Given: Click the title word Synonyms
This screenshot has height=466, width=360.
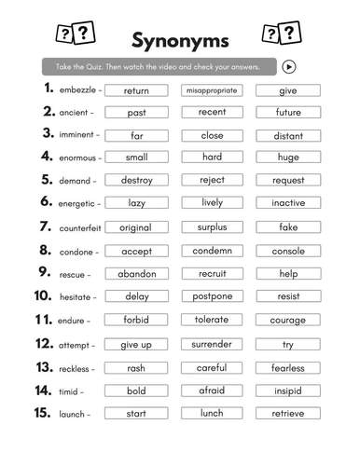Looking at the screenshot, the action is pos(179,40).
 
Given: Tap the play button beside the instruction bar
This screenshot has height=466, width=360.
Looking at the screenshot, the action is pos(289,66).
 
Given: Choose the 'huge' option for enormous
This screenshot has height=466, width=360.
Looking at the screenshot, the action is pos(288,158).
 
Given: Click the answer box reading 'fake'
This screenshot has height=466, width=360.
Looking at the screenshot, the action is pos(288,226).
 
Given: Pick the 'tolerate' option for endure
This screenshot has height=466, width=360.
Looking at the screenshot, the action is pos(212,321).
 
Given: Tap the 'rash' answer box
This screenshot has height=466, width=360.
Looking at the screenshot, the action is pos(136,367).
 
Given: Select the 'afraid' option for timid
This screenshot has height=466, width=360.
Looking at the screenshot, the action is pos(212,391).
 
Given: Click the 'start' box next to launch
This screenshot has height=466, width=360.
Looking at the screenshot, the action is pos(136,413).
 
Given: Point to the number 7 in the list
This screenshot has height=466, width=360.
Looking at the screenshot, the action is pos(45,226).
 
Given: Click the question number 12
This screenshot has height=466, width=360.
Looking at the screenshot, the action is pos(43,344).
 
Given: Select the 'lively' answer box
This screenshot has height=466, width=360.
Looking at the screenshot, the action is pos(212,202).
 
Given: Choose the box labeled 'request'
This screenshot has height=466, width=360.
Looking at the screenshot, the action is pos(288,180).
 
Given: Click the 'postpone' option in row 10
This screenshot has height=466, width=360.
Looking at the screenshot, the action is pos(212,297).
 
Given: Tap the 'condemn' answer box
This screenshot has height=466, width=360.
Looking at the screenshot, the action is pos(212,251).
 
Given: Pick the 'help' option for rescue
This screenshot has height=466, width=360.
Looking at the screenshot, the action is pos(288,274).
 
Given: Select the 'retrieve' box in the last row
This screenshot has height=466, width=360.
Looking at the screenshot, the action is pos(288,413).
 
